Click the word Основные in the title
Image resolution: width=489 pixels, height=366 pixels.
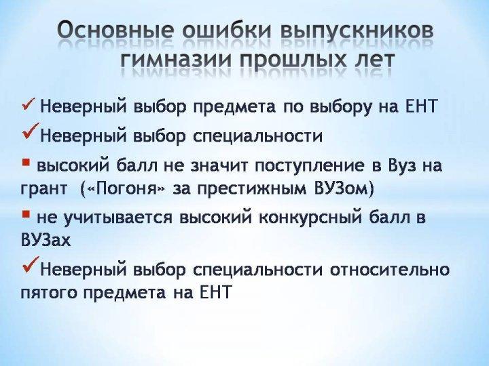click(115, 31)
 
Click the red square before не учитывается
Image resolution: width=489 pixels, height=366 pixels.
click(26, 213)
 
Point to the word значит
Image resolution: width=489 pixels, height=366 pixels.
click(218, 166)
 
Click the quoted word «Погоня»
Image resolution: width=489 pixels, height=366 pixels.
click(124, 189)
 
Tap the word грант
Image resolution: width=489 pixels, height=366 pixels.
click(43, 190)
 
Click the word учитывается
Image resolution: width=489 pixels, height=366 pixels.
click(118, 218)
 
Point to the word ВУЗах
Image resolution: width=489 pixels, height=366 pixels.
click(46, 240)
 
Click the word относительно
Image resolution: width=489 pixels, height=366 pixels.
click(390, 270)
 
